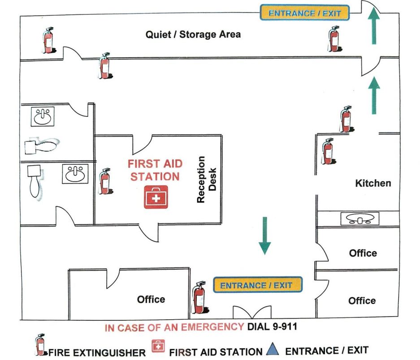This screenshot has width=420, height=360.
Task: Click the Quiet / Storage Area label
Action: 193,34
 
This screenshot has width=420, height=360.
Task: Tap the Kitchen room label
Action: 373,183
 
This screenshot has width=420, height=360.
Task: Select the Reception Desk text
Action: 207,180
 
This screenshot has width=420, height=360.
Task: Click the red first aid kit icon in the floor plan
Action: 156,197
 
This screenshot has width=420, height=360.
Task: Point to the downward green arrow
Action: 264,236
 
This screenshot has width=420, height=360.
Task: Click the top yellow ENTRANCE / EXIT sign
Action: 305,13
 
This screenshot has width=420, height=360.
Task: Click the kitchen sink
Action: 359,219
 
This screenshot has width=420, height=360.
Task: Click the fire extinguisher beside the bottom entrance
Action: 198,297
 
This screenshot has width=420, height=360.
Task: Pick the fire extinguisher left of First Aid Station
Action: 105,181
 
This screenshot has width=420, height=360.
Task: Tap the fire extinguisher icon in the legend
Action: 40,345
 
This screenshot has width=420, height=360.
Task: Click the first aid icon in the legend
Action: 158,346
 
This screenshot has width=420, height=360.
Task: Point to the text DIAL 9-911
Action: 272,327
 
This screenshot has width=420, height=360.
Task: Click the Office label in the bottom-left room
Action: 151,299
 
